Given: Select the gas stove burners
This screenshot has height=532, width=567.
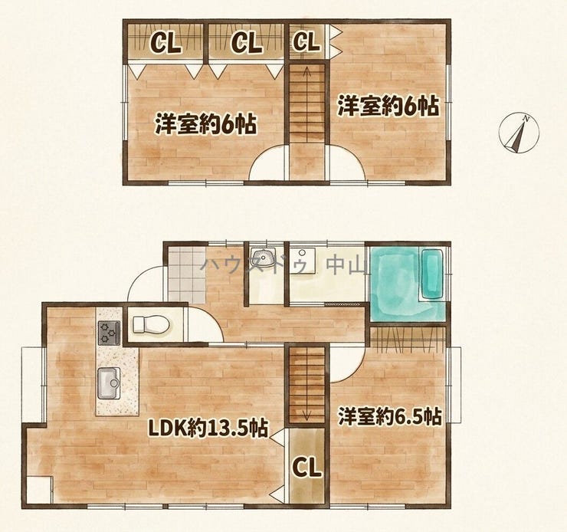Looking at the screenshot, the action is pyautogui.click(x=109, y=333).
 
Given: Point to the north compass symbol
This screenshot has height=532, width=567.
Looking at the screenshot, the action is pyautogui.click(x=519, y=133).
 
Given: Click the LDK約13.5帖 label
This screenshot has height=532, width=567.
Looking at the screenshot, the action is pyautogui.click(x=208, y=429).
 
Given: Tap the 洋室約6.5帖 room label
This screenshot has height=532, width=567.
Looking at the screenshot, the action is pyautogui.click(x=390, y=416).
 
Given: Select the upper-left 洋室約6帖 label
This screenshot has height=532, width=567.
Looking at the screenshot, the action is pyautogui.click(x=206, y=124).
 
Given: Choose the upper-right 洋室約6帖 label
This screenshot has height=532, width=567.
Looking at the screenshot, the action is pyautogui.click(x=388, y=106).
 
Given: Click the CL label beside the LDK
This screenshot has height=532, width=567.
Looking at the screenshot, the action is pyautogui.click(x=306, y=467).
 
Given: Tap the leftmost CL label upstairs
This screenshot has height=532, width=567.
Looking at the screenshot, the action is pyautogui.click(x=166, y=43).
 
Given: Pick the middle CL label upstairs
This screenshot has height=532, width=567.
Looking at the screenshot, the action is pyautogui.click(x=246, y=43).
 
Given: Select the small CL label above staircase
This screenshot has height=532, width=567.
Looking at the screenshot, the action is pyautogui.click(x=306, y=41).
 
